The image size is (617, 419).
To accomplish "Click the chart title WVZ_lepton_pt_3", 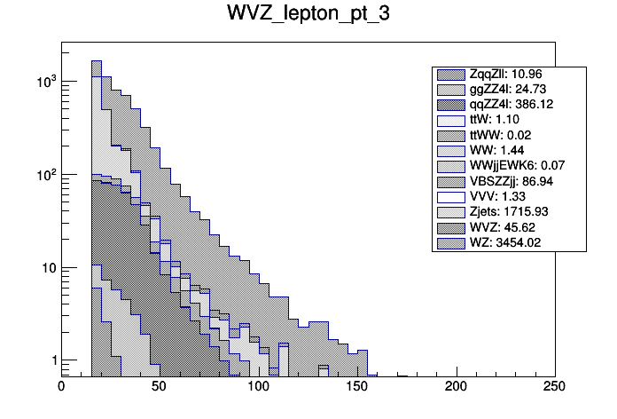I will tap(308, 17).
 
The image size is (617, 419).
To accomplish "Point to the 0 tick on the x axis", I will tap(61, 386).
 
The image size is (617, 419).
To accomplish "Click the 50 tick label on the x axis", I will tap(160, 386).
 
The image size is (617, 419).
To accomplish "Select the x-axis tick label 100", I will tap(258, 386).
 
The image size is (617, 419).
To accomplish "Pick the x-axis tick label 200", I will tap(456, 386).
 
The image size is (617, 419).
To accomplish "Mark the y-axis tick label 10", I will tap(45, 268).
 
